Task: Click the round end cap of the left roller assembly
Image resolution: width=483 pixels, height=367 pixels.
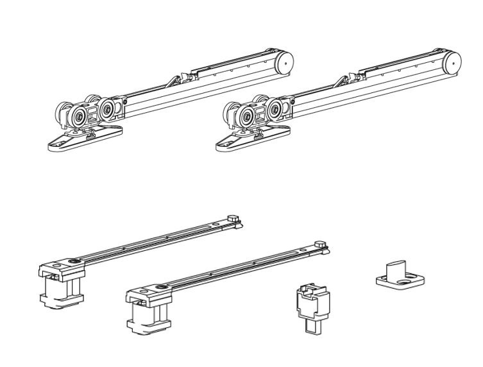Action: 284,62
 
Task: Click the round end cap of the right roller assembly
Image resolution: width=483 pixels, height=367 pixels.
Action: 452,64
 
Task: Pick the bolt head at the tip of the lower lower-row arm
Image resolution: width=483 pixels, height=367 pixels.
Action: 319,243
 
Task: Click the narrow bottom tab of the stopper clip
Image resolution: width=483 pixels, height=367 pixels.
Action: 313,325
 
